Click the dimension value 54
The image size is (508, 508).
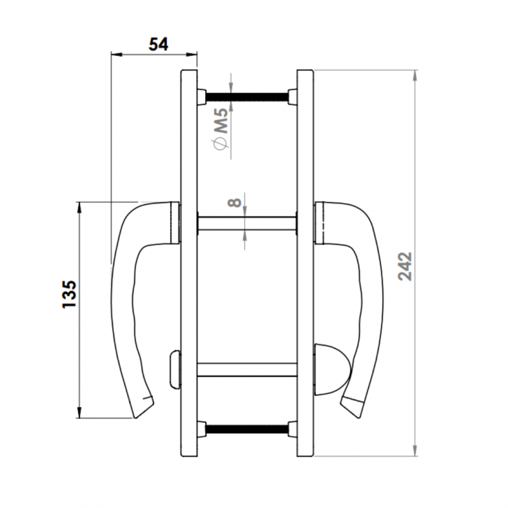click(x=158, y=44)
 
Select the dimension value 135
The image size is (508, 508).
click(x=69, y=294)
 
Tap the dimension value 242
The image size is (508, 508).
click(x=405, y=266)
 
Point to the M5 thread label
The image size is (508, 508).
click(x=222, y=121)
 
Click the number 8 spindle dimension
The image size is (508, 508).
click(x=234, y=203)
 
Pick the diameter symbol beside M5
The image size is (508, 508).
click(x=220, y=144)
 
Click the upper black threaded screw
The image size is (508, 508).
click(x=247, y=97)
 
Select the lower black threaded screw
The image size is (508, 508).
click(x=247, y=429)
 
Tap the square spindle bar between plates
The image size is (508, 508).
click(x=247, y=224)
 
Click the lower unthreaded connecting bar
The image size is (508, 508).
click(x=247, y=370)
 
